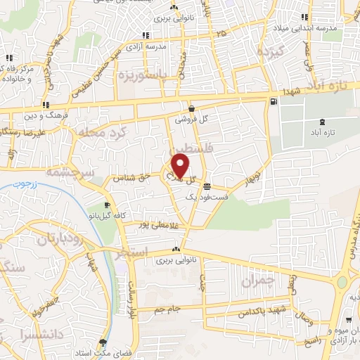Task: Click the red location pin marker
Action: point(180,165)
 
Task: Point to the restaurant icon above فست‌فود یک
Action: point(207,187)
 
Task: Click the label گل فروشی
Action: point(193,120)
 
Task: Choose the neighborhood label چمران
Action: point(256,281)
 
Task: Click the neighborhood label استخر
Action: point(131,250)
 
